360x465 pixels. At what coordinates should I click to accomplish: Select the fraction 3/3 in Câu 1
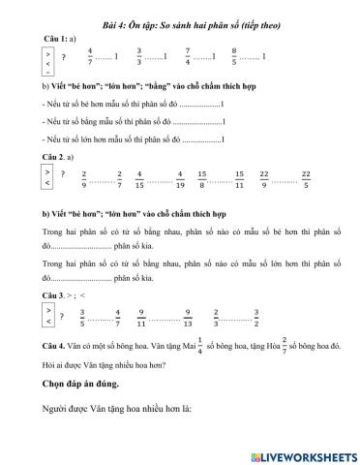click(139, 57)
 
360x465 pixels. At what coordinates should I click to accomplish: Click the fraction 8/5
click(235, 57)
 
